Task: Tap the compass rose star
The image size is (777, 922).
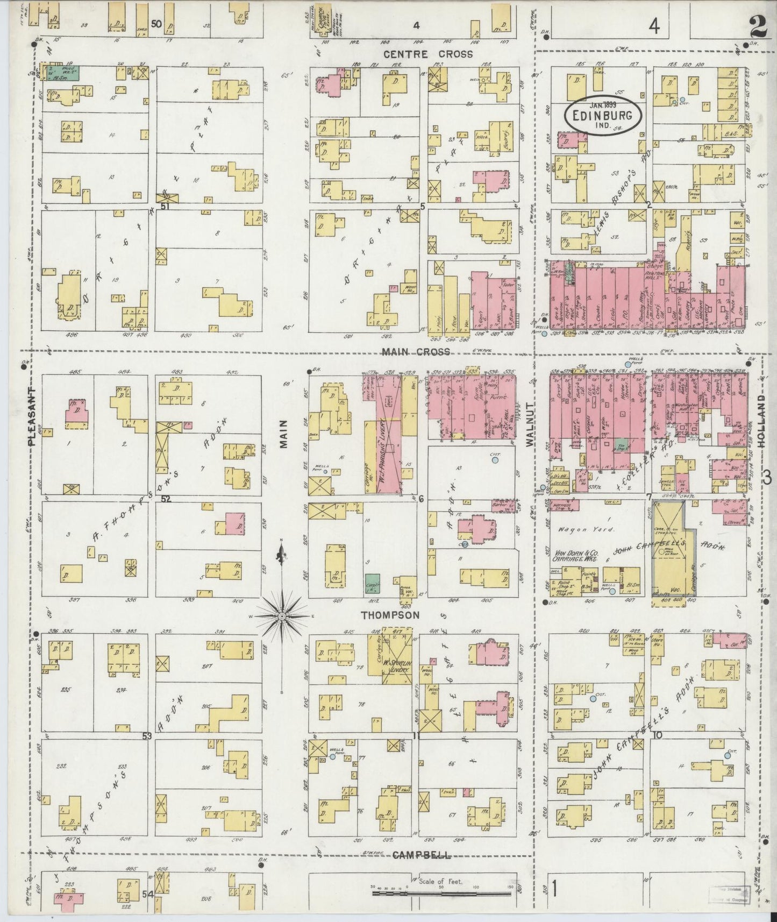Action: click(x=283, y=615)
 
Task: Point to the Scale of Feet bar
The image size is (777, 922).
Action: click(x=442, y=893)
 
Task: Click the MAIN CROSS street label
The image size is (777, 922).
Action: click(x=416, y=352)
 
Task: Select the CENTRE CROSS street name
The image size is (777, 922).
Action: click(x=429, y=54)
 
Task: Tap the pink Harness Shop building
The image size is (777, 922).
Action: click(x=564, y=505)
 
